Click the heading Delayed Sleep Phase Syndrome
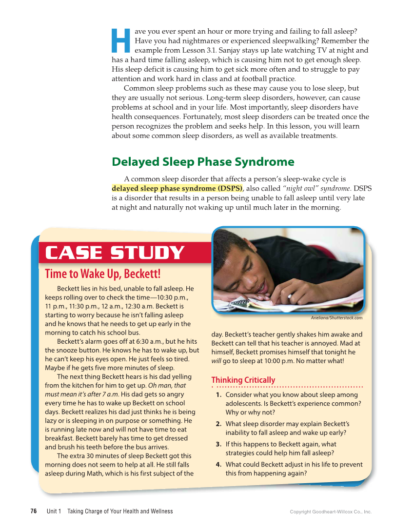203,161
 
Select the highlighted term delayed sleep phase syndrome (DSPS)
177,188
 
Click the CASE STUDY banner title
115,253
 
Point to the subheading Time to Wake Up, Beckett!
102,274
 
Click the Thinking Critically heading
243,380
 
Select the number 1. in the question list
219,395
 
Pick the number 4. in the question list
219,465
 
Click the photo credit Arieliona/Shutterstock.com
336,318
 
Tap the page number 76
34,511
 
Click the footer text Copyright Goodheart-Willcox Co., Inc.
331,512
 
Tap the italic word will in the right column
216,361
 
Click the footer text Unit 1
54,511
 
